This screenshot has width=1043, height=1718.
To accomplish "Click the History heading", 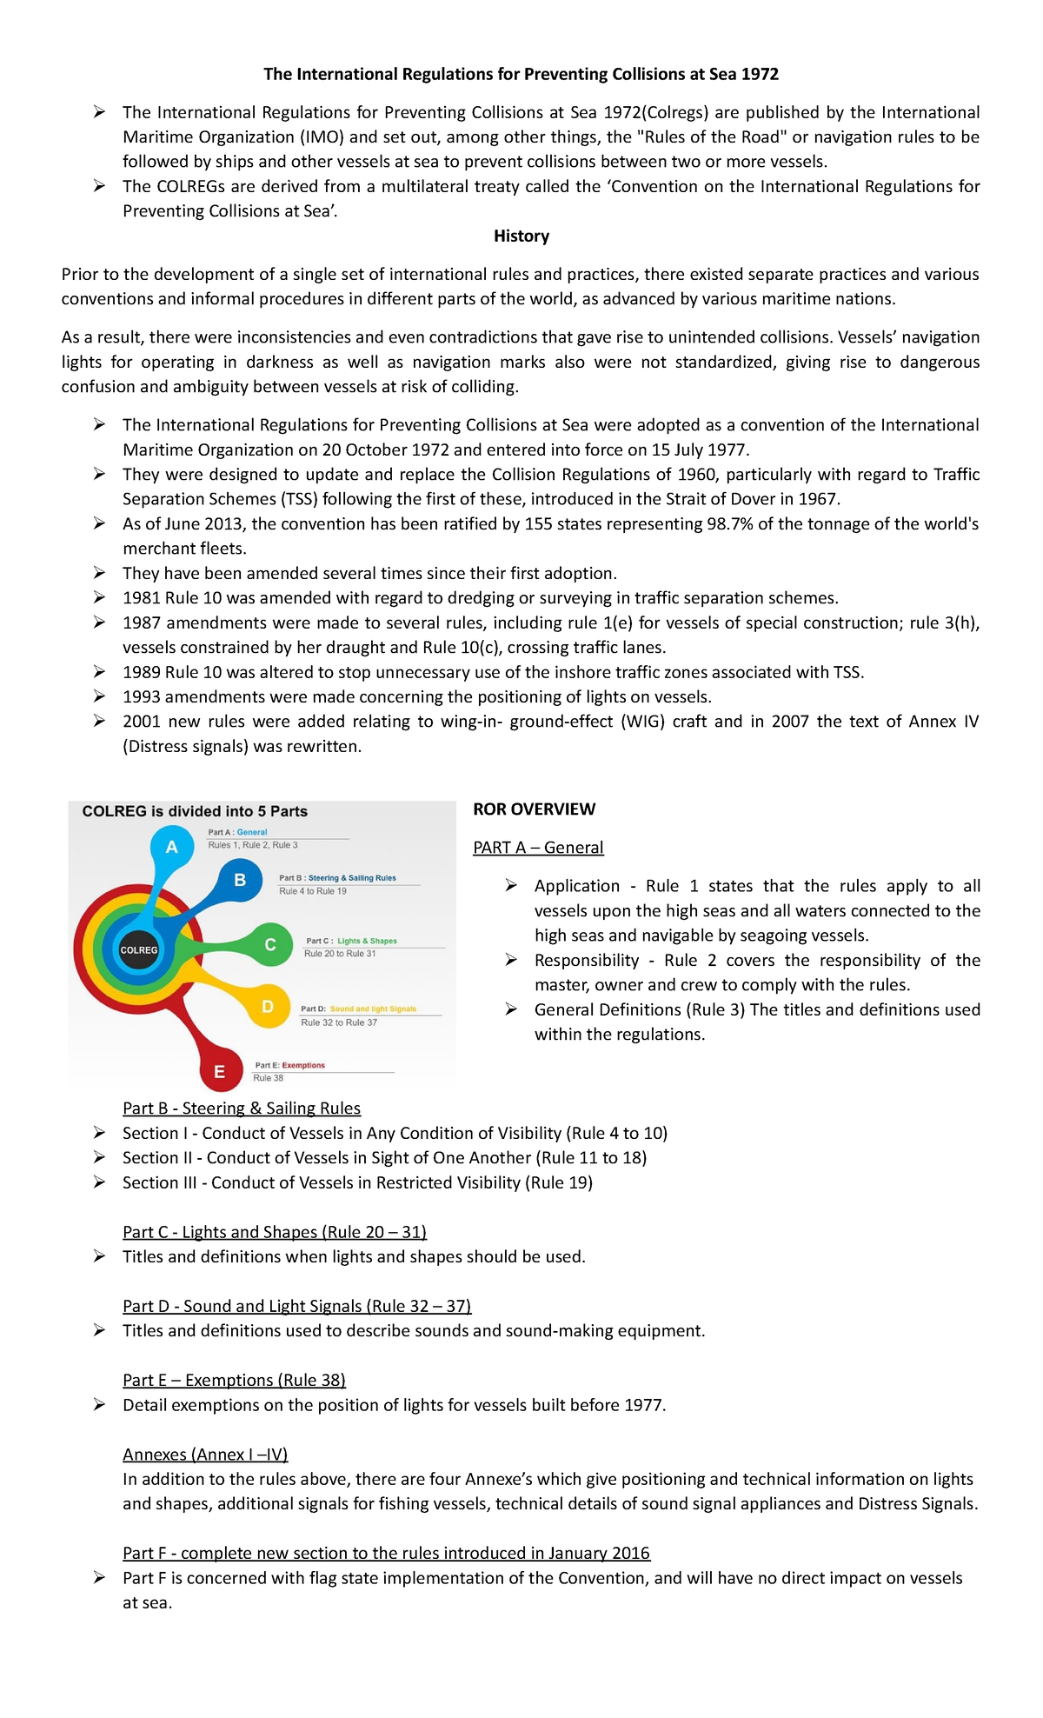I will [521, 236].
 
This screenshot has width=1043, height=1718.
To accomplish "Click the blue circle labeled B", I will [240, 880].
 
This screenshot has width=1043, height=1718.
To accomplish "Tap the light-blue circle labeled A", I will [172, 847].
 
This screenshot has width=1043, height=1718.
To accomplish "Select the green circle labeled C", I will [270, 944].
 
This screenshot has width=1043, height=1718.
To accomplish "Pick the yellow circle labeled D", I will [268, 1007].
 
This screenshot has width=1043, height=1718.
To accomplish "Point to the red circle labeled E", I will [219, 1072].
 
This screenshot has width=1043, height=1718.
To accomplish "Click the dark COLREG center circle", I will [139, 949].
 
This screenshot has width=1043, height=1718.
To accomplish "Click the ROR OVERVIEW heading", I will [534, 809].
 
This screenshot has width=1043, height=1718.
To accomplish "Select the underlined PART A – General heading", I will [538, 848].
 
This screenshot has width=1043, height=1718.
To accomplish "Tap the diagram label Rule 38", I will [268, 1078].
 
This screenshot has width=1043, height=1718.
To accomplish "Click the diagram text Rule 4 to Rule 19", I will [312, 891].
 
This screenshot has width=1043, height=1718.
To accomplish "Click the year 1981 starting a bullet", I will [141, 598].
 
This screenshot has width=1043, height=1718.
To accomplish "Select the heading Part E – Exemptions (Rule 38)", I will [234, 1381].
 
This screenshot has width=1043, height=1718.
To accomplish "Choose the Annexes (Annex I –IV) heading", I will [205, 1455].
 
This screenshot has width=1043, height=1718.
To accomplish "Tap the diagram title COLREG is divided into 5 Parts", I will [195, 811].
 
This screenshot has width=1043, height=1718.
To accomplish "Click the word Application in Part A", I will [576, 886].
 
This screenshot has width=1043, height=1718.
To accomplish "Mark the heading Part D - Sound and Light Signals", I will [296, 1307].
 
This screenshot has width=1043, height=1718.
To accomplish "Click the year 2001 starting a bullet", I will [141, 722].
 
